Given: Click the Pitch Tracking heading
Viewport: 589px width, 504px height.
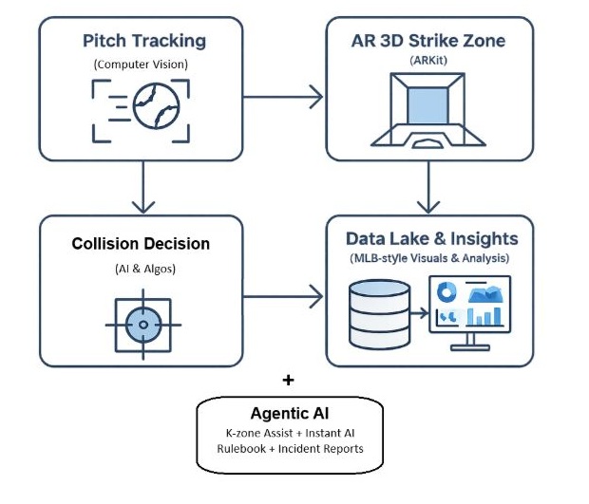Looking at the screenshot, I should coord(143,41).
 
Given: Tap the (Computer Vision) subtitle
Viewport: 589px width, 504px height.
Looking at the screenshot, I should coord(142,65).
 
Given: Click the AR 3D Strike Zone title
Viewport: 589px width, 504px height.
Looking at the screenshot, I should coord(429,41).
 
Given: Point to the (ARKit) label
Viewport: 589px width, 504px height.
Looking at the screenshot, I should coord(430,63).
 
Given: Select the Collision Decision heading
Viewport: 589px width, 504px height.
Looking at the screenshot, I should coord(141,244).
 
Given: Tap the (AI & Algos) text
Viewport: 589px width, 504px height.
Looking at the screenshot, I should coord(142,270).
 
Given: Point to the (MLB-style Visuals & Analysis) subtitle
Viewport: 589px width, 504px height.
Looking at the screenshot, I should coord(430,258).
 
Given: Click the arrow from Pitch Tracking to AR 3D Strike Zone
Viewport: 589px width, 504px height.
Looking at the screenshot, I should coord(286,94).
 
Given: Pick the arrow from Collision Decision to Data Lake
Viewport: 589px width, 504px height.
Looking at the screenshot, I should coord(286,300).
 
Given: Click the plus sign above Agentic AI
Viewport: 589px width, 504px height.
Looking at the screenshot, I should coord(289,380).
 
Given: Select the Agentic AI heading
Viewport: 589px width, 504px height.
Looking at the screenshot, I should coord(290,414).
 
